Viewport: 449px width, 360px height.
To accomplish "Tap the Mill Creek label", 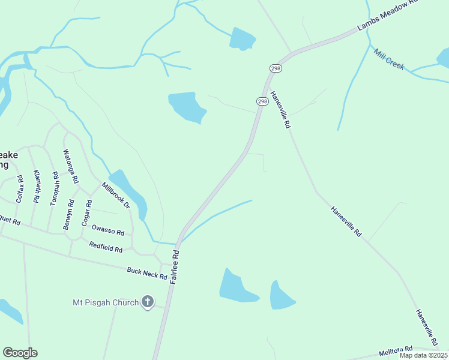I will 389,59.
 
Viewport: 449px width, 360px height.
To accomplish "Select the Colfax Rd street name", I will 19,188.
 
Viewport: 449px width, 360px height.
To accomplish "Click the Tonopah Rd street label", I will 55,188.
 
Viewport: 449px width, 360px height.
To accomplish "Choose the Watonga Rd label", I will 71,166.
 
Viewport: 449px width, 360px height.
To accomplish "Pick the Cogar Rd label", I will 88,212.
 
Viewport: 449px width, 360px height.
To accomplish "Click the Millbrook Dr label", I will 116,195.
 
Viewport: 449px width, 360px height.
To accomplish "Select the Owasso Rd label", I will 112,232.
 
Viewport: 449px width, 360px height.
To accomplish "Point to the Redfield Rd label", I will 106,246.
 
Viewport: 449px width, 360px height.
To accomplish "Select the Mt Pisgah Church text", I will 106,302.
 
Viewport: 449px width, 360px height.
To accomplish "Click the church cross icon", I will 148,302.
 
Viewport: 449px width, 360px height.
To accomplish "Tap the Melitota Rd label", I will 396,350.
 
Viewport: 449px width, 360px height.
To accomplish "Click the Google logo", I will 20,353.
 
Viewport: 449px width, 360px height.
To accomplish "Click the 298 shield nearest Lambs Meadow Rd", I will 276,68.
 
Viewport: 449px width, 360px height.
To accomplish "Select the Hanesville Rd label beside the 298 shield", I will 280,110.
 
